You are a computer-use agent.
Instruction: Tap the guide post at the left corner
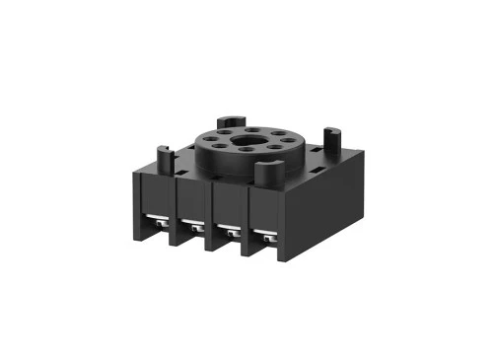tap(164, 156)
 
